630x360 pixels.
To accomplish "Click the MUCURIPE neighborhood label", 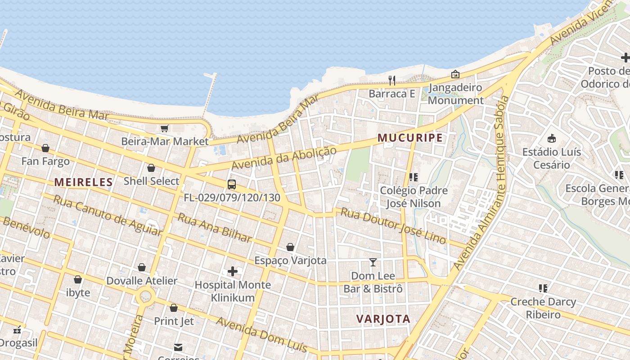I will (x=410, y=138).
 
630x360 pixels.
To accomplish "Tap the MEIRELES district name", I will (x=83, y=182).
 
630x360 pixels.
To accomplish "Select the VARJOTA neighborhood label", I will (x=383, y=319).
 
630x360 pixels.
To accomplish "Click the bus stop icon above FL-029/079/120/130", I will (x=232, y=184).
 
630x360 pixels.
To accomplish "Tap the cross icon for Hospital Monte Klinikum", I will (x=233, y=271).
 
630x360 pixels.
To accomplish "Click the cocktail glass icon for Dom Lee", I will (x=373, y=262).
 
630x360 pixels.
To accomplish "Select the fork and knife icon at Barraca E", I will (x=392, y=81).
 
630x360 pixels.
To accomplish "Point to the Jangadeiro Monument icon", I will (x=455, y=74).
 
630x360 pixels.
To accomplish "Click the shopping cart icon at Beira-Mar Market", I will (x=165, y=128).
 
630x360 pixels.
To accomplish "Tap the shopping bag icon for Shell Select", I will (x=151, y=168).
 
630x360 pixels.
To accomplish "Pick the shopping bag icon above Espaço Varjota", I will (x=290, y=247).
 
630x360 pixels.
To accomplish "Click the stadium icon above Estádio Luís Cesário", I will (x=552, y=138).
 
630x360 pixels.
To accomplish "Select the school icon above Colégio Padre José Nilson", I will (x=414, y=177).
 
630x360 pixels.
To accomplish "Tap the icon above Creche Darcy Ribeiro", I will (x=543, y=288).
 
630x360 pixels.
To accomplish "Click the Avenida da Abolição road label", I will (x=283, y=158).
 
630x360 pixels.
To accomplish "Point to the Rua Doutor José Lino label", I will (x=393, y=225).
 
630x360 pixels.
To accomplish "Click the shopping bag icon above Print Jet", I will (x=174, y=308).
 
